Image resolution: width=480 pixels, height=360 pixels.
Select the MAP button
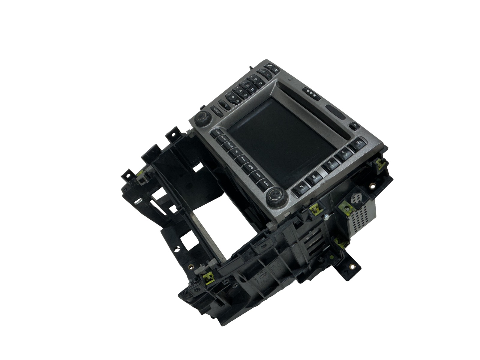[331, 164]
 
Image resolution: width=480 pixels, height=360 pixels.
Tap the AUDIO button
[223, 139]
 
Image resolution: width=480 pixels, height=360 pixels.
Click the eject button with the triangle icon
[354, 126]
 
